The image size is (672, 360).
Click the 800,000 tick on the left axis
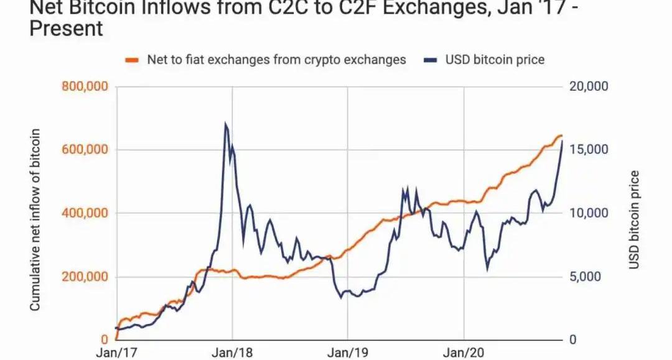pos(85,86)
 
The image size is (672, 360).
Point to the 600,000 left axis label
pos(85,150)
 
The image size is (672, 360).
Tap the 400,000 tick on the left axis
pos(85,213)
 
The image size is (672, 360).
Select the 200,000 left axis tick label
pos(85,277)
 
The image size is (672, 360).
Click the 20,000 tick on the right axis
pos(589,86)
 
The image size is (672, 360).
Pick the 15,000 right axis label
pos(589,150)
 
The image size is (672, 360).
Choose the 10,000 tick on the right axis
pos(589,213)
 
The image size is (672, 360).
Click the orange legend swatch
pos(131,60)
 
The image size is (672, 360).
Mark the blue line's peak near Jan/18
pos(225,123)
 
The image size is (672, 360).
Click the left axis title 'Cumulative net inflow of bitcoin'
pos(35,219)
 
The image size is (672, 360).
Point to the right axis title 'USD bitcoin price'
pos(634,219)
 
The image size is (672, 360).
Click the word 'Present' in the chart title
pos(66,29)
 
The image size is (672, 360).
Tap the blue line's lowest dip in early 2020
pos(487,269)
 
